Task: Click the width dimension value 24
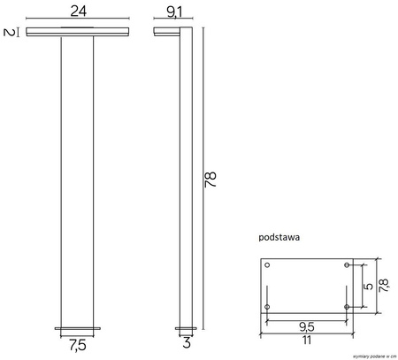point(78,12)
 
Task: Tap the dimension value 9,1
point(174,12)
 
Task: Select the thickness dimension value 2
point(9,34)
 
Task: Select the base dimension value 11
point(306,341)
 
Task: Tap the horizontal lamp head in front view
point(78,34)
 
